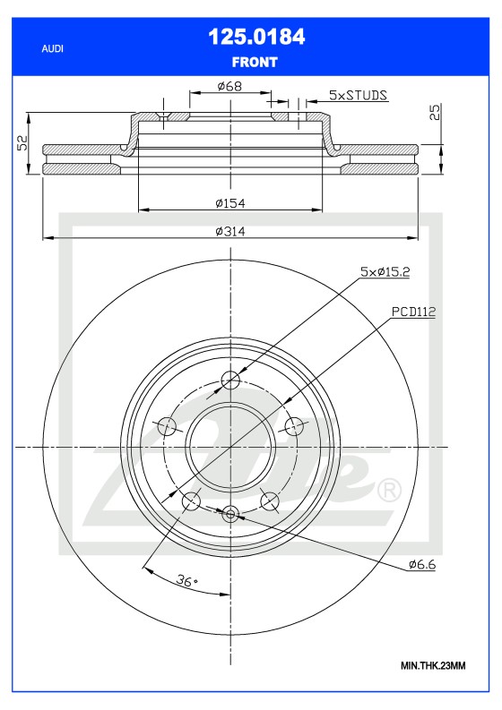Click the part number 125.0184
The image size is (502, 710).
tap(256, 37)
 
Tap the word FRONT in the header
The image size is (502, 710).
tap(256, 62)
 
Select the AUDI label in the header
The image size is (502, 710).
tap(53, 49)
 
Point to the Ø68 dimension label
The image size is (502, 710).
tap(230, 87)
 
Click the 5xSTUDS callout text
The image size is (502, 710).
tap(358, 94)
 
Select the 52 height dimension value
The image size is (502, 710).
tap(22, 143)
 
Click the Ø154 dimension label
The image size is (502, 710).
tap(229, 203)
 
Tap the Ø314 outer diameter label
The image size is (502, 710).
tap(229, 231)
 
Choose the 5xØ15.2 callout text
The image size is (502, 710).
tap(385, 270)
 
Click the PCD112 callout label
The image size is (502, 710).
tap(412, 312)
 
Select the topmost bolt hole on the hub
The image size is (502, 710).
tap(231, 380)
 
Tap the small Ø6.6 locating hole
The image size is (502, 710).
tap(230, 513)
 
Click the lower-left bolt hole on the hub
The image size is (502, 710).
tap(191, 501)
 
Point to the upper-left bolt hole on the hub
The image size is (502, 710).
tap(168, 426)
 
